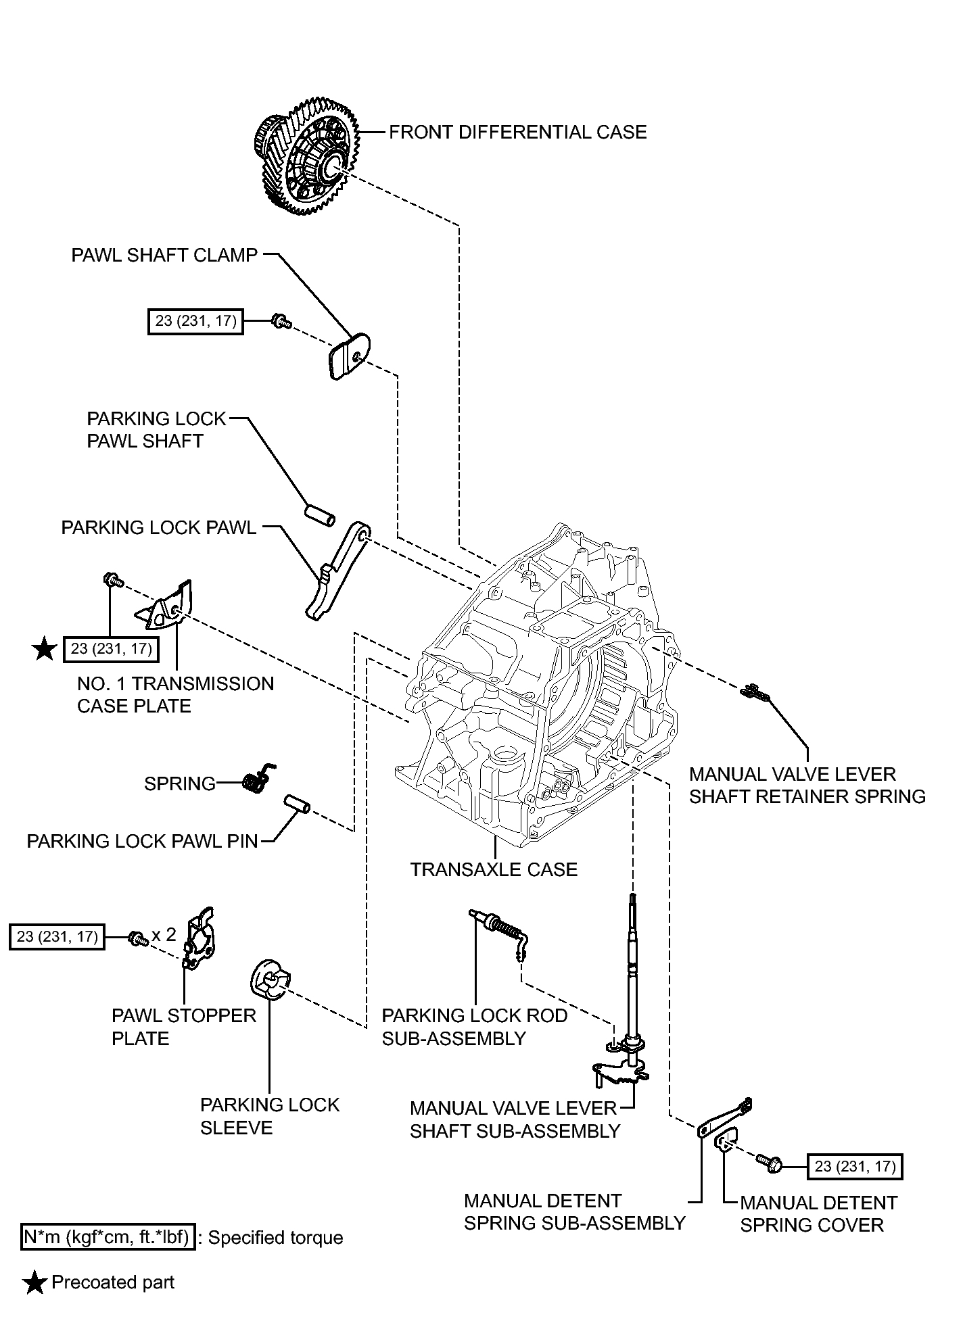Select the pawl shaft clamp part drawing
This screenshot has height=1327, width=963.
(349, 356)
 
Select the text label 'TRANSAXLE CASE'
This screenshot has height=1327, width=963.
(494, 869)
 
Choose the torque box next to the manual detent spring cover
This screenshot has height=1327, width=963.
(855, 1165)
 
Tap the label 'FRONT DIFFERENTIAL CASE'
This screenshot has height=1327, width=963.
(518, 132)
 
